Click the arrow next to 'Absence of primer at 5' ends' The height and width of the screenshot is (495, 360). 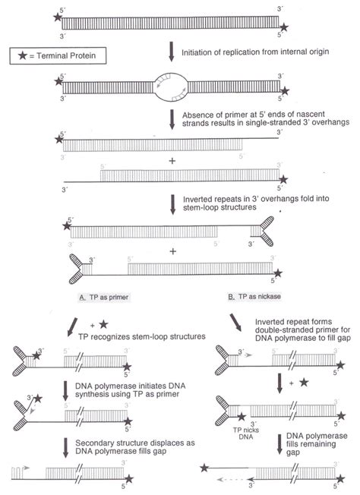click(172, 119)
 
